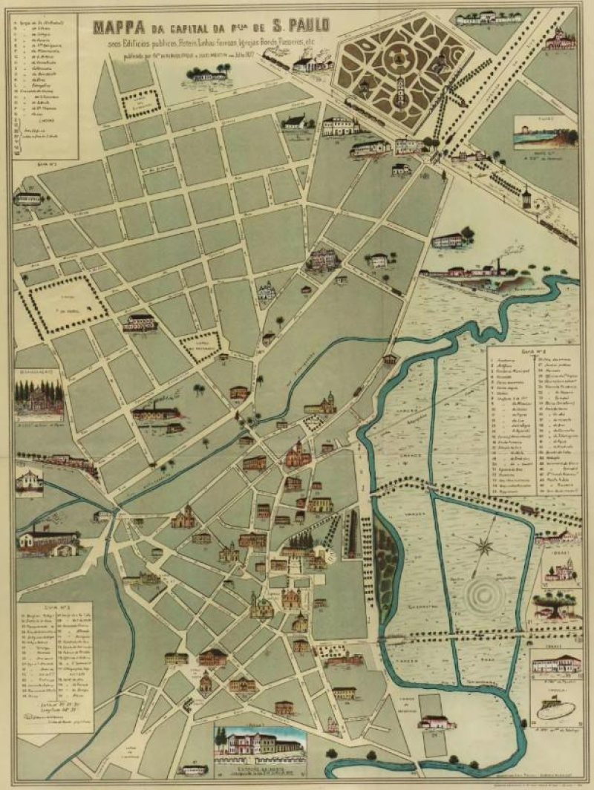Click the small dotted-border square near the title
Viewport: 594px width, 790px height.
point(141,105)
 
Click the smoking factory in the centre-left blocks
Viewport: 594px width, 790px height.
point(156,413)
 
